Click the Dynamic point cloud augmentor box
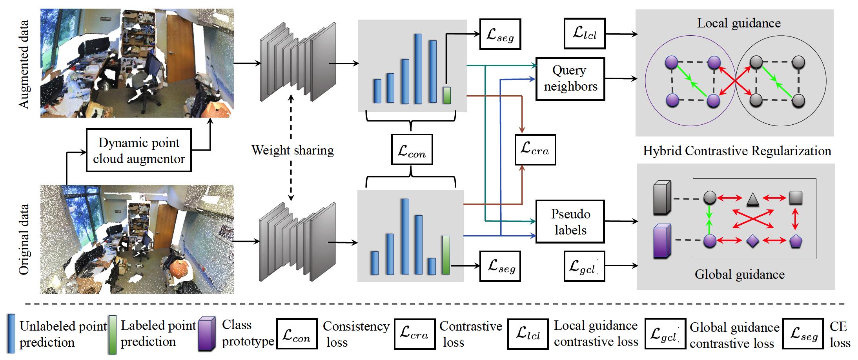pyautogui.click(x=138, y=150)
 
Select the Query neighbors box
pyautogui.click(x=570, y=78)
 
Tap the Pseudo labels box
pyautogui.click(x=570, y=222)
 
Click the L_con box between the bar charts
pyautogui.click(x=412, y=149)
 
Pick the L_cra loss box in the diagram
pyautogui.click(x=535, y=149)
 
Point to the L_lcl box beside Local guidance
pyautogui.click(x=584, y=33)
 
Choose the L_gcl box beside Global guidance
pyautogui.click(x=584, y=267)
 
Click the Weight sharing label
pyautogui.click(x=292, y=150)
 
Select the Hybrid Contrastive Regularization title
pyautogui.click(x=737, y=151)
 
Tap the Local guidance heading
pyautogui.click(x=738, y=23)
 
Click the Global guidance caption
pyautogui.click(x=739, y=274)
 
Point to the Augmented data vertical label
pyautogui.click(x=24, y=64)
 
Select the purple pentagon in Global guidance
pyautogui.click(x=795, y=241)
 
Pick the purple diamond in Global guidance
pyautogui.click(x=752, y=241)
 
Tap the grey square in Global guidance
pyautogui.click(x=795, y=198)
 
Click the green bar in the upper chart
pyautogui.click(x=446, y=95)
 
